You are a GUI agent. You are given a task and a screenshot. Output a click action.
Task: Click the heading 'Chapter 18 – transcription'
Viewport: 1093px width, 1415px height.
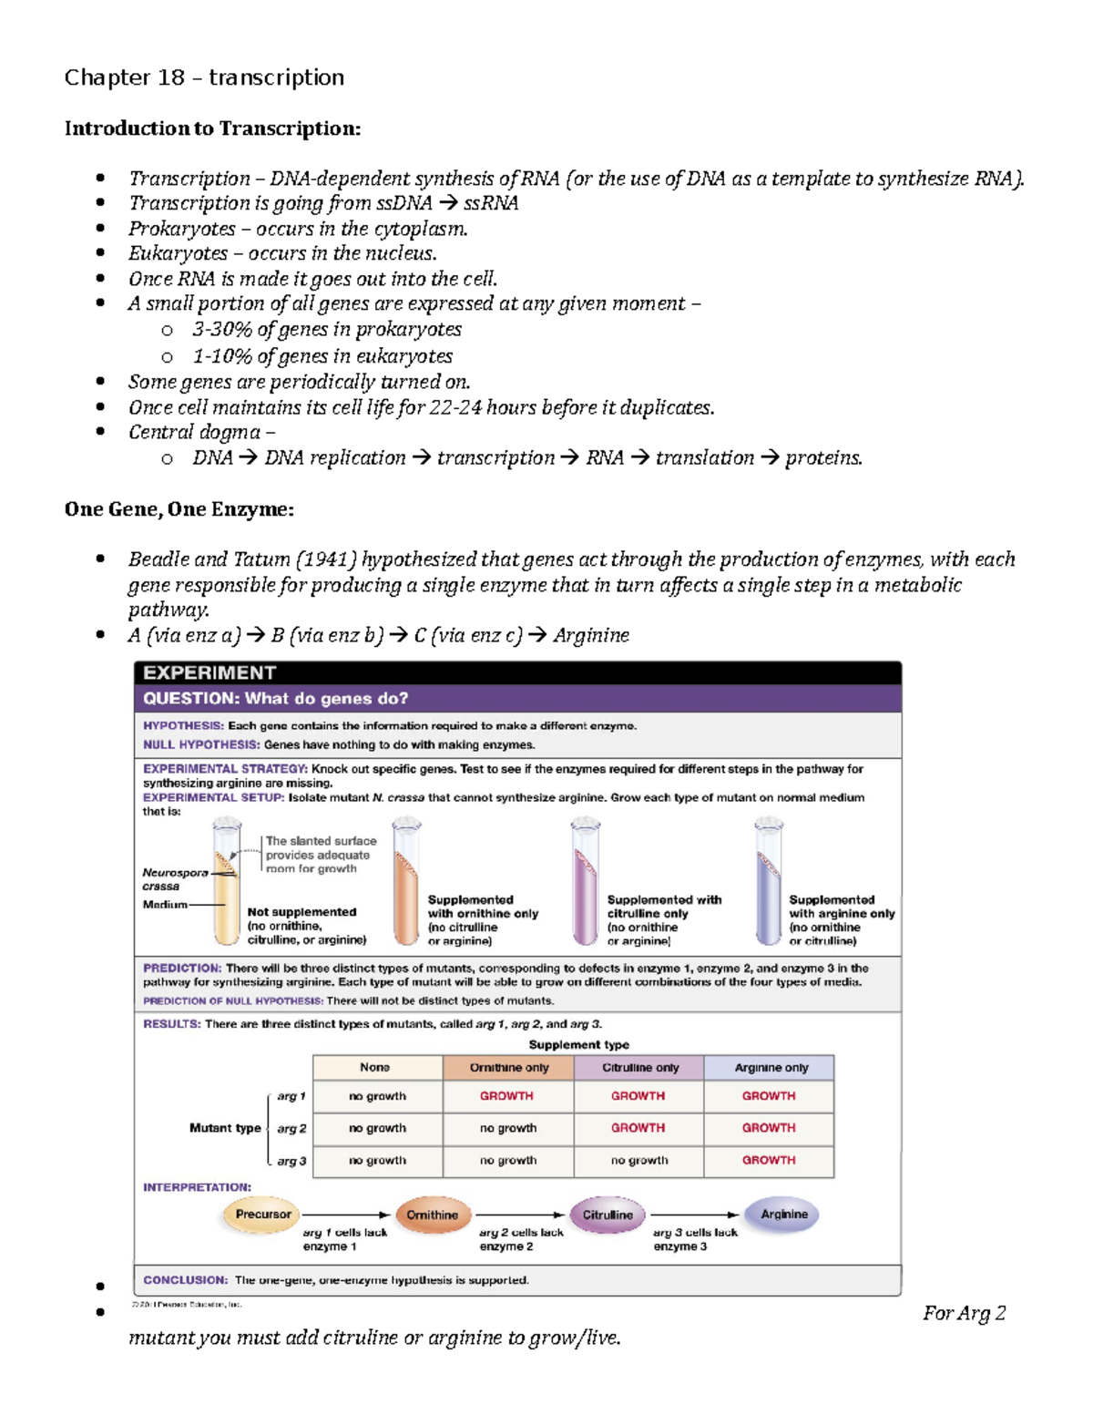204,77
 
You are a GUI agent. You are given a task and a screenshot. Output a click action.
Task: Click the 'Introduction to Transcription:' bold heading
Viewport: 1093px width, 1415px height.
212,128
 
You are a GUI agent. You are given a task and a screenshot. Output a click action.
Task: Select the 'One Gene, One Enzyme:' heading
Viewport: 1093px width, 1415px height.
179,509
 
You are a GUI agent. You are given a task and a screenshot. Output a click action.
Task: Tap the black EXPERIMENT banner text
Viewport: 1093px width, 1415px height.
209,672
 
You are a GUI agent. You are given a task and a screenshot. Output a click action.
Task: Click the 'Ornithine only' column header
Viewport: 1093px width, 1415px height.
508,1067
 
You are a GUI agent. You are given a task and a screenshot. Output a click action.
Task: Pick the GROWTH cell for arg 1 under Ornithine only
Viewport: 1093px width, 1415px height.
506,1096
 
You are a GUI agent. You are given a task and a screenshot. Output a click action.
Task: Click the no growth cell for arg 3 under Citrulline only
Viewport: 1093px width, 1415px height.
638,1160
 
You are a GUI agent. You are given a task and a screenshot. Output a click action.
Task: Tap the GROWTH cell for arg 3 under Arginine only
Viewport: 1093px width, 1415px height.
768,1160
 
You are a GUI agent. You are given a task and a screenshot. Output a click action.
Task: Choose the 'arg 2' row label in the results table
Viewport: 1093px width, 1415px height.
291,1128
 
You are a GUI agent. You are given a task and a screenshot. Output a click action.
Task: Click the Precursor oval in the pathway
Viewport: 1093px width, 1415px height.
262,1215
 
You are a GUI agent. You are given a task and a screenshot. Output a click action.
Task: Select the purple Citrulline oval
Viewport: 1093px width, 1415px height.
607,1215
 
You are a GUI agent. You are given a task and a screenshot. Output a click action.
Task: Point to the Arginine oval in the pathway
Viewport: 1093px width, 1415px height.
783,1215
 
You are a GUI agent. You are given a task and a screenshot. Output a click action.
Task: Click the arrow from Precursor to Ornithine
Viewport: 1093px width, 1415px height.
345,1215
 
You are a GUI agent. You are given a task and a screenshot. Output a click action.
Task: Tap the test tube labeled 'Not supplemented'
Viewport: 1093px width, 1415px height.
225,884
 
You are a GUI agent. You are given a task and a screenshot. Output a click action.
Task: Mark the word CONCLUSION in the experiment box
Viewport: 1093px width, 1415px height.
185,1280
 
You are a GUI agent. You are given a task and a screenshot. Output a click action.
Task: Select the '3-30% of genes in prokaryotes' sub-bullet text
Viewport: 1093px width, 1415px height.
326,330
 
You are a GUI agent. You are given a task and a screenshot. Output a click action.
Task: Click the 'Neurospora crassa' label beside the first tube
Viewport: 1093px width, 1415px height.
174,879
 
